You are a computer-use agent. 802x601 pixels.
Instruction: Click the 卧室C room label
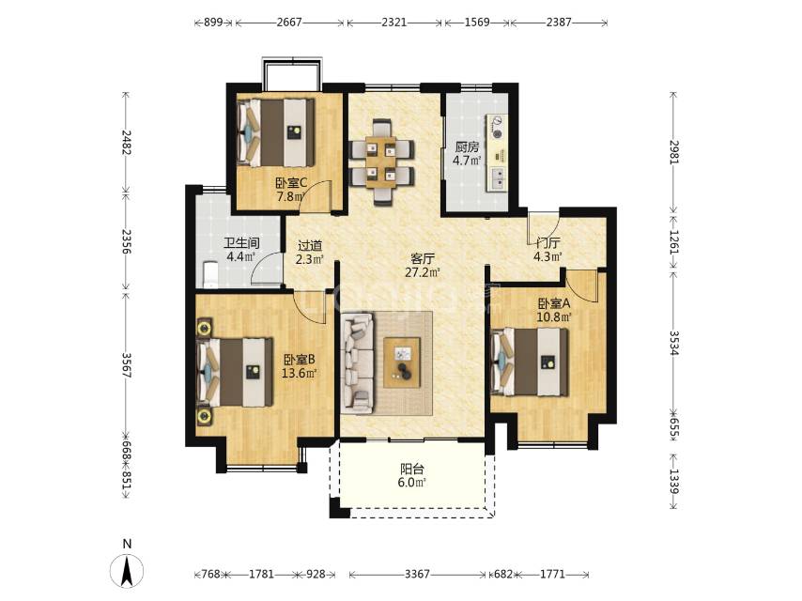click(291, 182)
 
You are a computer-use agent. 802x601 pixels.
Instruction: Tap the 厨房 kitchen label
click(467, 147)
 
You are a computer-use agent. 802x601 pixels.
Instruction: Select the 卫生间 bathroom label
click(241, 243)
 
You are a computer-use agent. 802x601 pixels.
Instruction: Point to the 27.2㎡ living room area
click(423, 272)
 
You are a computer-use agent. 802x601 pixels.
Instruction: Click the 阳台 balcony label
click(412, 469)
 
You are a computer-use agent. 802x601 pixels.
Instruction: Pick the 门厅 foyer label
click(548, 243)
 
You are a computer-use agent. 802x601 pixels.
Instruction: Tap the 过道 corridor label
click(311, 245)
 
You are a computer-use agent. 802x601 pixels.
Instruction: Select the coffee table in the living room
click(402, 362)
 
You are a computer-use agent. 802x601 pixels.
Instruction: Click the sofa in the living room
click(358, 363)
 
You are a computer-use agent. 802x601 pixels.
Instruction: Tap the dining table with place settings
click(381, 162)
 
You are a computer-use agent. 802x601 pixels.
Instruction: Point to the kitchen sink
click(497, 177)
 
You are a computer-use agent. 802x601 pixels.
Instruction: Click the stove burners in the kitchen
click(496, 128)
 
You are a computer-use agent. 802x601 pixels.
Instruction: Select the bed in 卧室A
click(530, 362)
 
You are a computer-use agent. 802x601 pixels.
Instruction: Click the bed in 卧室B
click(236, 372)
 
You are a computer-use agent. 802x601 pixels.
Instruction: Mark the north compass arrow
click(127, 571)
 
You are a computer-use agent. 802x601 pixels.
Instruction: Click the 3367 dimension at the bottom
click(417, 575)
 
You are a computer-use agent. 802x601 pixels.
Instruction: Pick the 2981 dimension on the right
click(673, 152)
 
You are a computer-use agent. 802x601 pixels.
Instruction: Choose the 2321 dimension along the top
click(393, 22)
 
